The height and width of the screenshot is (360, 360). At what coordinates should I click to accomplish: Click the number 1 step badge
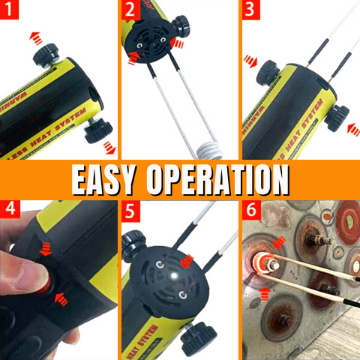click(x=10, y=11)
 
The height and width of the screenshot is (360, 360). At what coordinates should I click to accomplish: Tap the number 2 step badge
click(x=130, y=11)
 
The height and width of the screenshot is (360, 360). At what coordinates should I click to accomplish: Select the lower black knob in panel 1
click(x=95, y=133)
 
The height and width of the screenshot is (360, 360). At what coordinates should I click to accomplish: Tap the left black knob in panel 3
click(x=268, y=72)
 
